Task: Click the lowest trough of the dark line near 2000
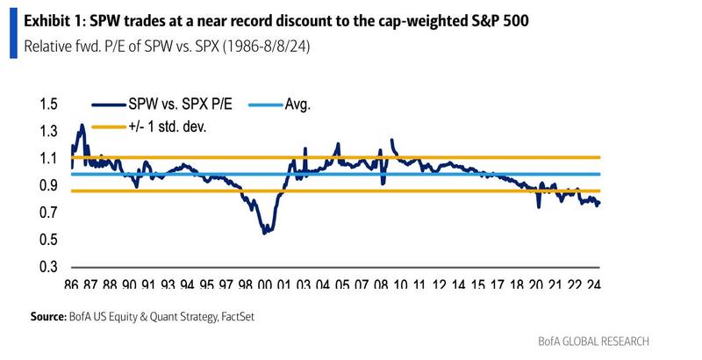coord(264,232)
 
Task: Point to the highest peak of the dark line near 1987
coord(82,125)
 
